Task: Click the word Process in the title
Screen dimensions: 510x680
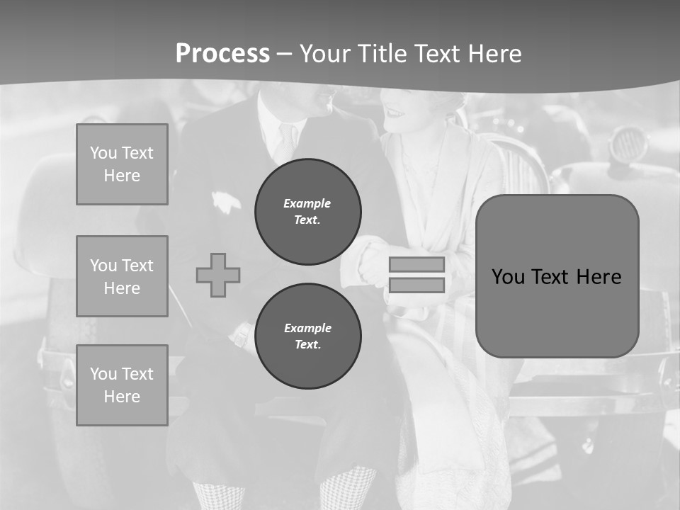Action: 222,54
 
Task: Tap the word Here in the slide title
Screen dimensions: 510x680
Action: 492,54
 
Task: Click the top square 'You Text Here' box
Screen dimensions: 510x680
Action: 122,164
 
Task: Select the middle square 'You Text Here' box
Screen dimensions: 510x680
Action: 122,276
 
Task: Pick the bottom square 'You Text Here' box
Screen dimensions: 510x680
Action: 122,385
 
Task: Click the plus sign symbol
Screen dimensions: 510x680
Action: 218,275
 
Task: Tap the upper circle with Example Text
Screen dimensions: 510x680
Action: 308,211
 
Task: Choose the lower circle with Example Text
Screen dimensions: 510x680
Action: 308,336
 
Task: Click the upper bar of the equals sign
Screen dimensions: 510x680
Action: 416,264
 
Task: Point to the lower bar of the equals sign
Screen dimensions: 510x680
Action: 416,285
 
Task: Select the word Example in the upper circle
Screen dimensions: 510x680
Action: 307,203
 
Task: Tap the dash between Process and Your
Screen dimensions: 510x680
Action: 285,54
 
